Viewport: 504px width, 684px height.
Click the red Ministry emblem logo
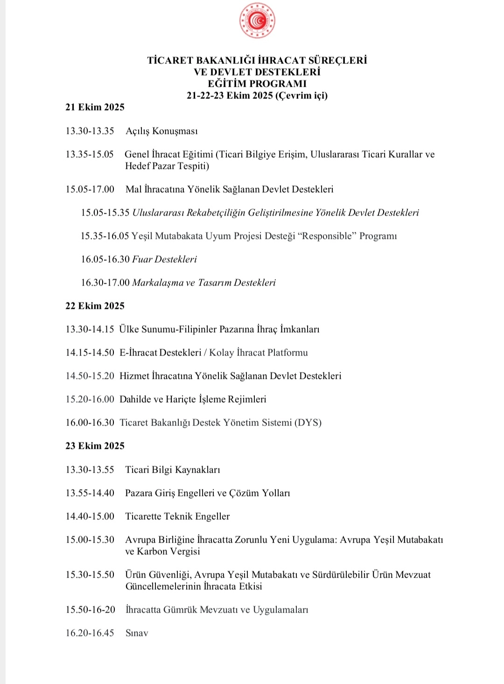(x=257, y=21)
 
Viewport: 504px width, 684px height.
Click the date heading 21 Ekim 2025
(x=95, y=107)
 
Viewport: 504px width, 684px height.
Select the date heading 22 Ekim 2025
(x=95, y=306)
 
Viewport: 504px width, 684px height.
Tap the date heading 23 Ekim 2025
(x=95, y=446)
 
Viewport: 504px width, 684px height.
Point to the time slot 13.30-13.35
(x=90, y=131)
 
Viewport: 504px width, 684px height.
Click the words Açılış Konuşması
(x=161, y=131)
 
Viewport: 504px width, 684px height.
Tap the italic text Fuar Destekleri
(x=164, y=259)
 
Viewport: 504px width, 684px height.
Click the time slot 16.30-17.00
(x=105, y=283)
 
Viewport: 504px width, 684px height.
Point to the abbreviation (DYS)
(x=308, y=423)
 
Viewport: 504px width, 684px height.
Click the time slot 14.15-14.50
(x=90, y=353)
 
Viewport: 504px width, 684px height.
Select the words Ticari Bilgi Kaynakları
(x=172, y=470)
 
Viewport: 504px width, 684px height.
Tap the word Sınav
(x=137, y=633)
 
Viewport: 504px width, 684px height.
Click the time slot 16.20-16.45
(x=90, y=633)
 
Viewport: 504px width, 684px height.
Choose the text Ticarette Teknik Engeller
(x=177, y=516)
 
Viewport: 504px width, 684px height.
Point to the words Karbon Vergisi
(x=168, y=551)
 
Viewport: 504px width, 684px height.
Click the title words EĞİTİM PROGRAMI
(x=257, y=84)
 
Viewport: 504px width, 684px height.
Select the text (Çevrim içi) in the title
(x=301, y=96)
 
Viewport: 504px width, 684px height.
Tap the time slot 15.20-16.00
(x=90, y=399)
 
